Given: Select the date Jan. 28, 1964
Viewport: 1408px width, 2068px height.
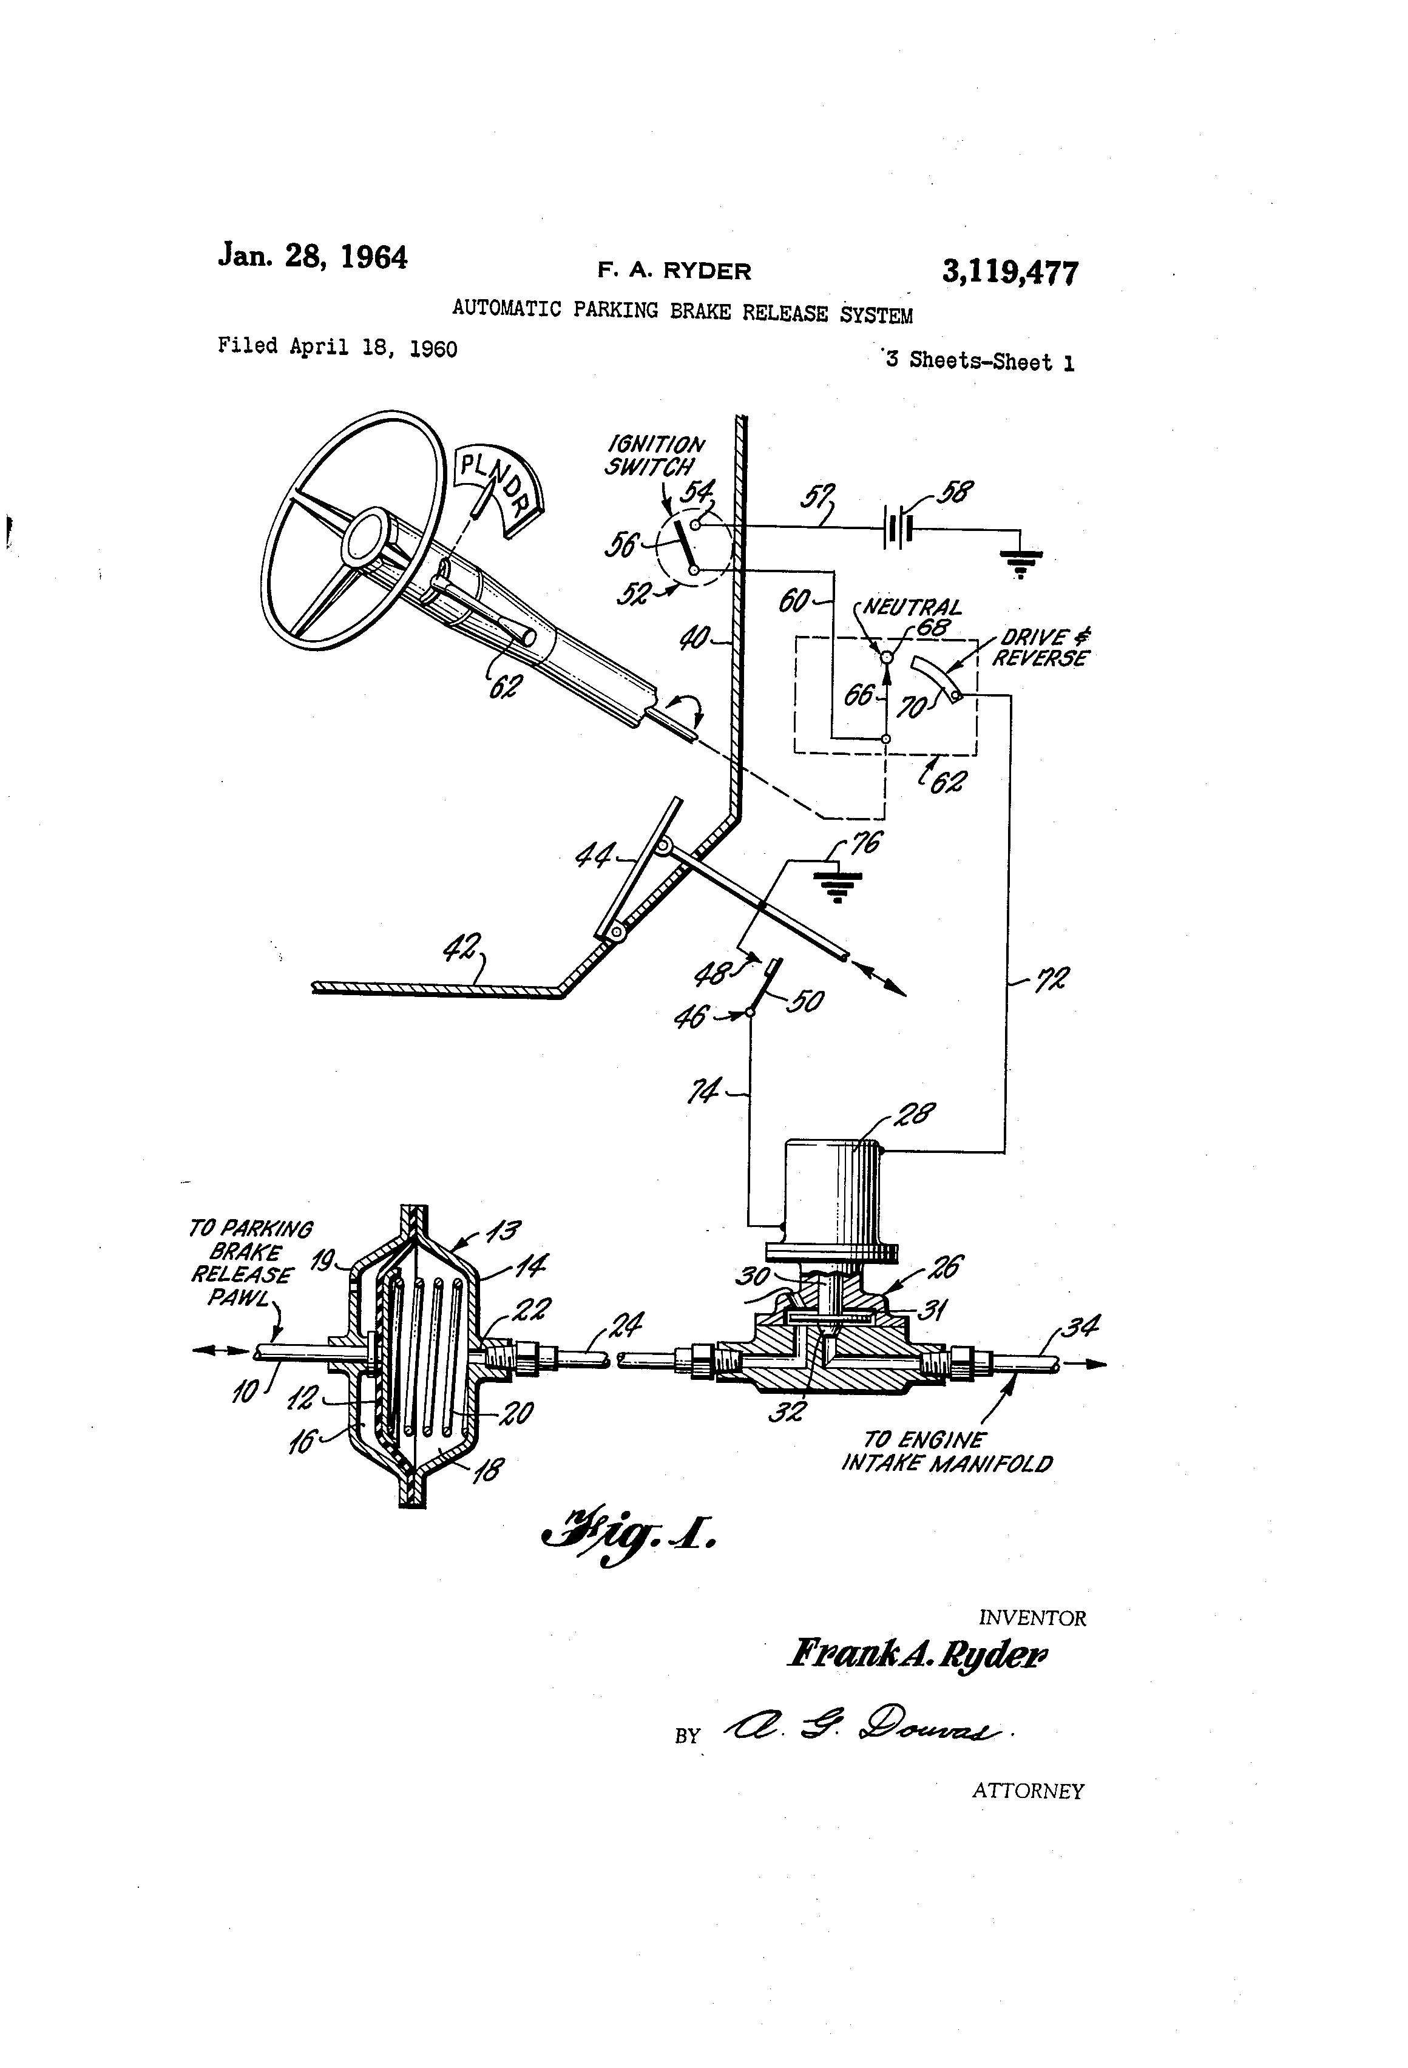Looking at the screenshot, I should pos(313,257).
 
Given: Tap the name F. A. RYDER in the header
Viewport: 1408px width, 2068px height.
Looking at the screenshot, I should pos(674,271).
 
